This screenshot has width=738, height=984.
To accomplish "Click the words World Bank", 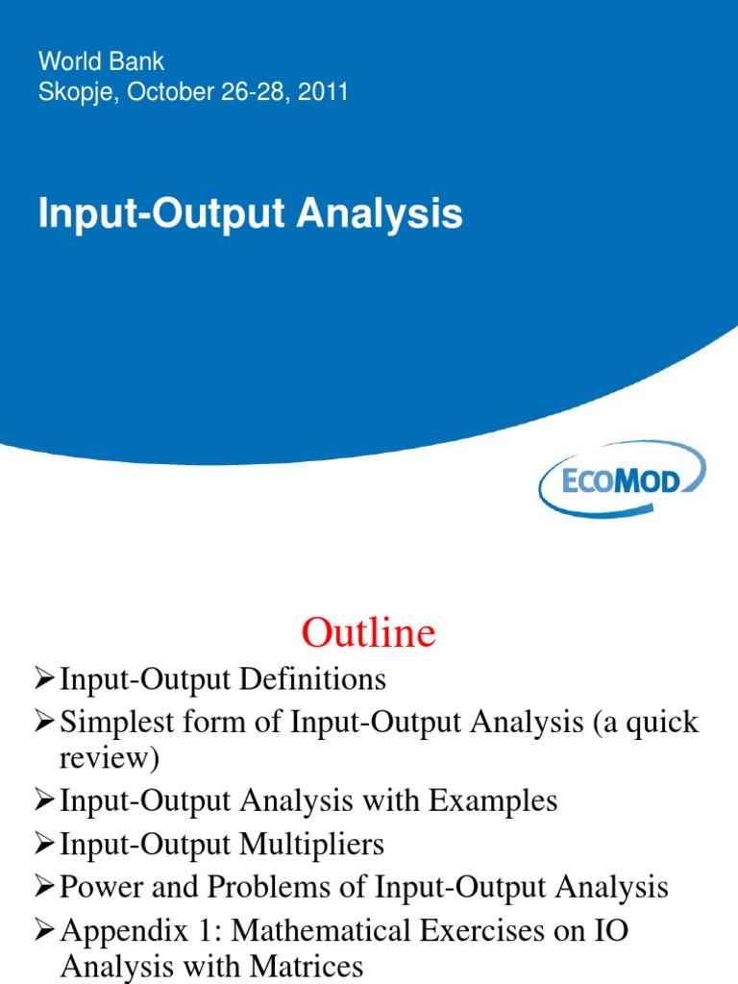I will pyautogui.click(x=101, y=61).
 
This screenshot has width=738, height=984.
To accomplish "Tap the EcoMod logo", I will pyautogui.click(x=622, y=480).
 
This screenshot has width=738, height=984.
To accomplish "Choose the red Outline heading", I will pyautogui.click(x=368, y=633).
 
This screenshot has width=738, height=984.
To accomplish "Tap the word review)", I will pyautogui.click(x=108, y=760).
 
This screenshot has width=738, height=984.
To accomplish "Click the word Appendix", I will pyautogui.click(x=113, y=930).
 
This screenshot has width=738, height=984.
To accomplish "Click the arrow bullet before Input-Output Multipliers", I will pyautogui.click(x=44, y=845).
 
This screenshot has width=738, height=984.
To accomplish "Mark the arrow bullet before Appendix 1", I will pyautogui.click(x=44, y=930).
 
